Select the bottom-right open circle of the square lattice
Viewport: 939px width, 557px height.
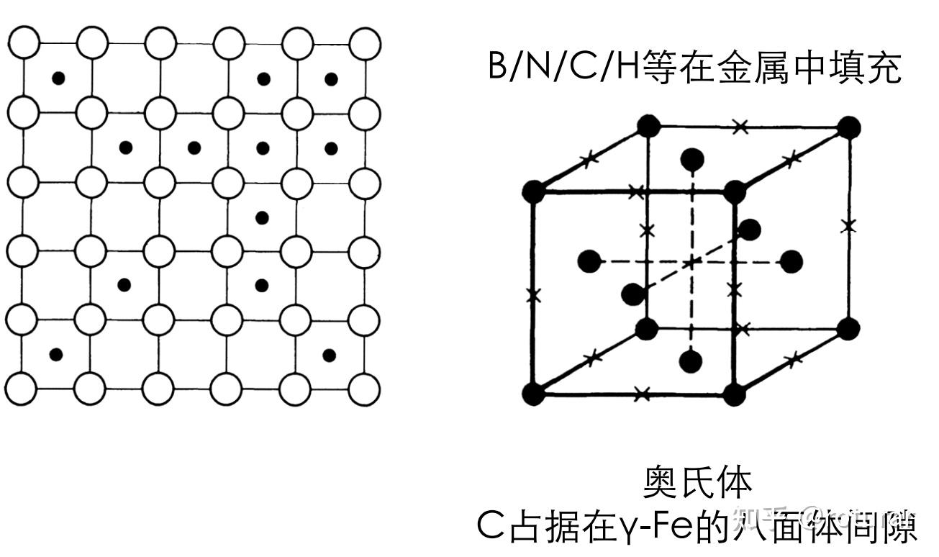coord(365,389)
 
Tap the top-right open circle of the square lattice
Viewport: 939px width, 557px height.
coord(365,43)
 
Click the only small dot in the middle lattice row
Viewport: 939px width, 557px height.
coord(262,217)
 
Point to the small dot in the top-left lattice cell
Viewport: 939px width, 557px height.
coord(58,78)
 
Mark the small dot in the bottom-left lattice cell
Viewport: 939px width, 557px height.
coord(56,354)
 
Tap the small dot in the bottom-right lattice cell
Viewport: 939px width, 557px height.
coord(329,354)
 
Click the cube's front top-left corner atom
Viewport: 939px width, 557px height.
coord(533,192)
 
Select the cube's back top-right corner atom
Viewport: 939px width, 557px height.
coord(849,128)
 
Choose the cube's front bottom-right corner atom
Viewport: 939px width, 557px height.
coord(735,394)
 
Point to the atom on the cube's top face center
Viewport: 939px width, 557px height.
coord(692,158)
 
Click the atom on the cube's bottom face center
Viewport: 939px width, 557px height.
coord(691,361)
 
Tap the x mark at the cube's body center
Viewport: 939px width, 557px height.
coord(691,262)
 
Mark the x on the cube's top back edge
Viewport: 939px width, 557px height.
coord(740,127)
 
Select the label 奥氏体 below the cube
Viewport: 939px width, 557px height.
coord(697,483)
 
